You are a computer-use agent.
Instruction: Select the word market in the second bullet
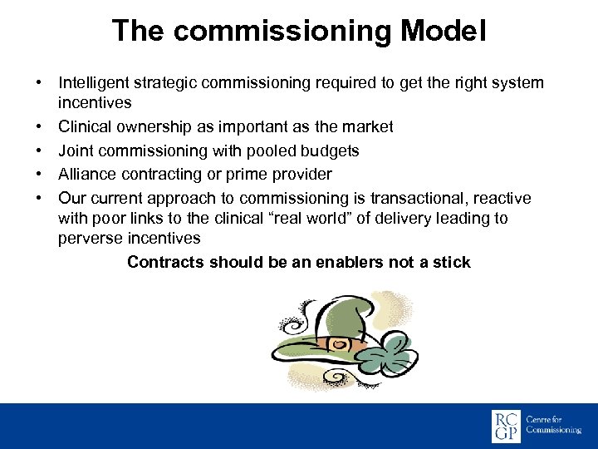(x=369, y=127)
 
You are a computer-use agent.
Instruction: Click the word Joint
(x=75, y=150)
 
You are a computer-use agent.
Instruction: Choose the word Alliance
(x=86, y=174)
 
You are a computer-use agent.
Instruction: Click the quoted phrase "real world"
(x=329, y=218)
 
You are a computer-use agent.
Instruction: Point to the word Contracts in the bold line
(x=165, y=262)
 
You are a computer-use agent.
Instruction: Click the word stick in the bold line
(x=452, y=262)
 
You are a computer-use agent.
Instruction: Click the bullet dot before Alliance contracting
(x=39, y=174)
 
